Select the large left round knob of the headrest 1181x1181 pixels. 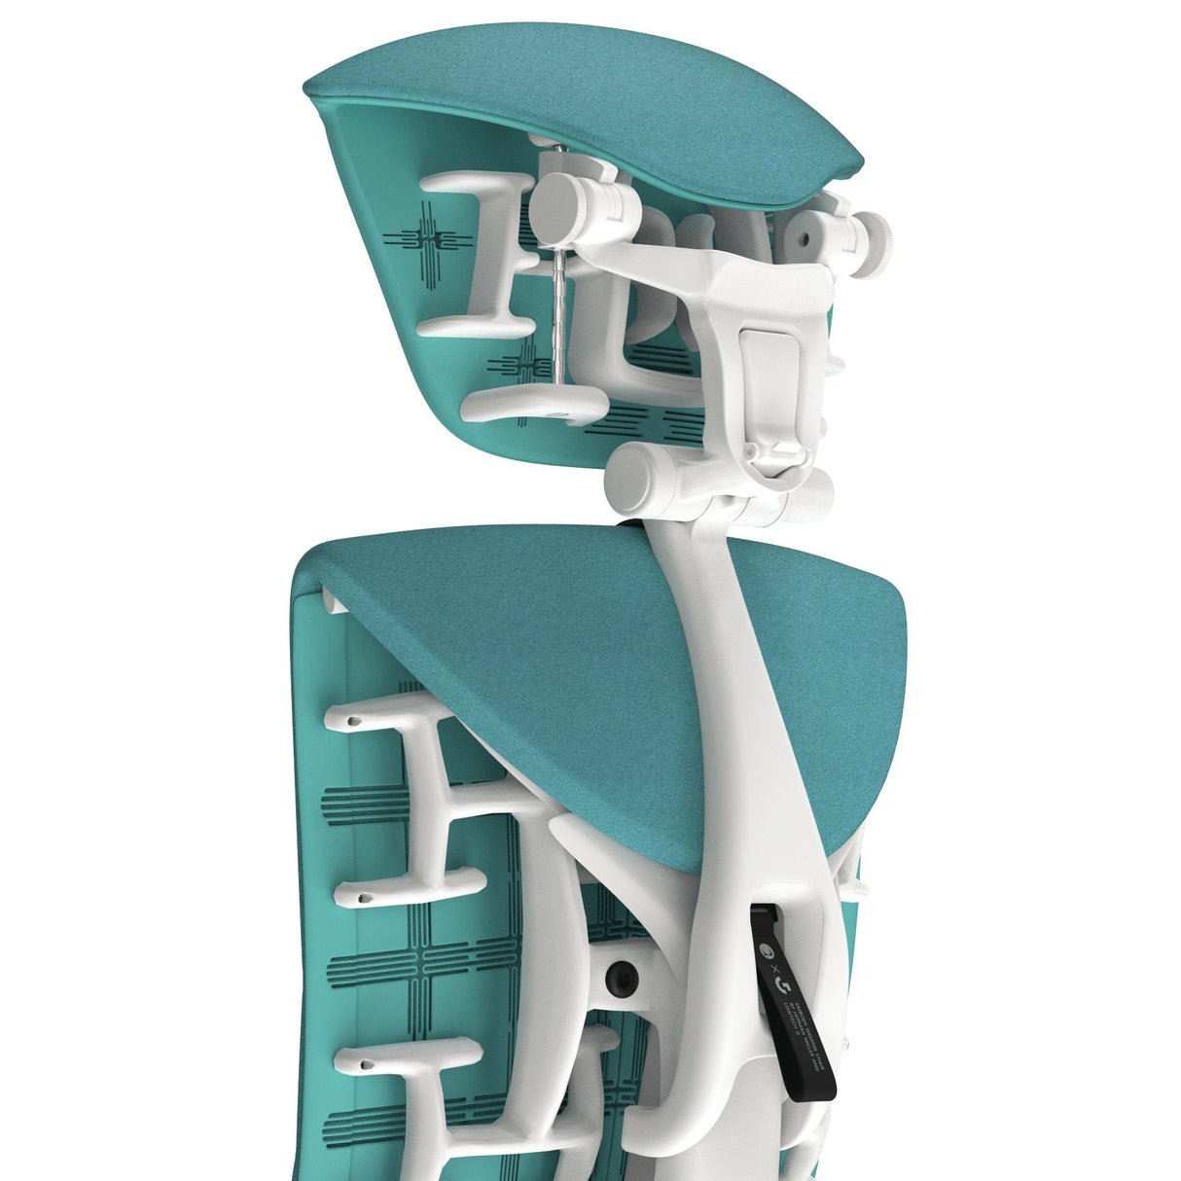(x=564, y=202)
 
